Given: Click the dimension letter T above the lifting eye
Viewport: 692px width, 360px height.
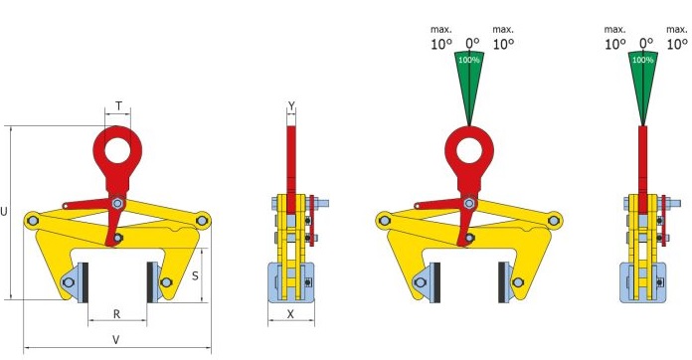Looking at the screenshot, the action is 118,105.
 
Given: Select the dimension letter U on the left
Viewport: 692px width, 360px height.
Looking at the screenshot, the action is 4,212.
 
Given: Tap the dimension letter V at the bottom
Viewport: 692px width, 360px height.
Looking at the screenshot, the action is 115,340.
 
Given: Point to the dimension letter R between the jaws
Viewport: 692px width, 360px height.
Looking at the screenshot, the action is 116,314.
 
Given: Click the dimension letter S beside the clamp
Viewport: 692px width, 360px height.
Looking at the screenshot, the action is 195,276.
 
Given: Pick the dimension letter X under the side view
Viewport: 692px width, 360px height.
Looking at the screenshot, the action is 290,314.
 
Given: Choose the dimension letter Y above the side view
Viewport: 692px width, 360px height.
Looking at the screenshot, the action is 291,105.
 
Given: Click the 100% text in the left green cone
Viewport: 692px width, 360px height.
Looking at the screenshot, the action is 469,60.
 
